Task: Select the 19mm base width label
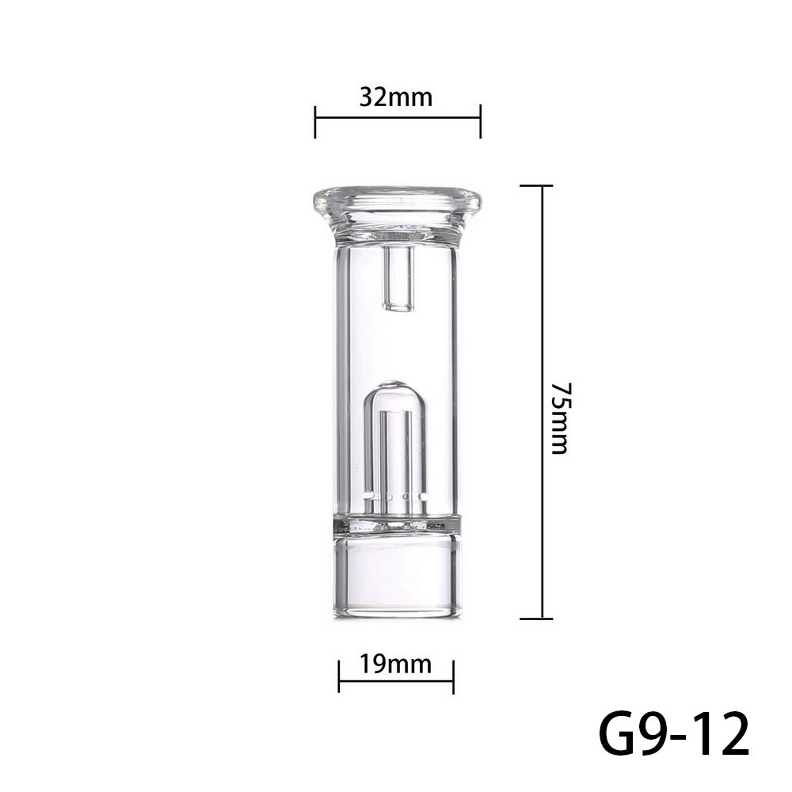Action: click(396, 664)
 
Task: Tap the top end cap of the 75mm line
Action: click(542, 186)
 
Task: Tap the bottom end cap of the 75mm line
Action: click(542, 618)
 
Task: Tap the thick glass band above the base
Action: click(395, 525)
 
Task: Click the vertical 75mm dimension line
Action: click(542, 317)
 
